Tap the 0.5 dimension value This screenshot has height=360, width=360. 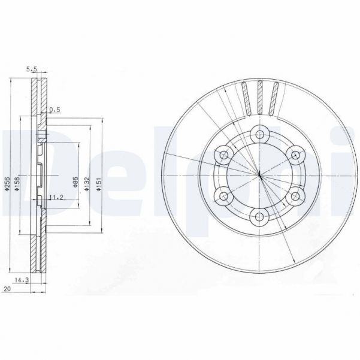(x=55, y=110)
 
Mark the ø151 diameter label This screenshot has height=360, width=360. (x=99, y=184)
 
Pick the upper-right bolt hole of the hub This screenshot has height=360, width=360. (x=295, y=155)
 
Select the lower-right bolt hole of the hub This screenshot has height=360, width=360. (x=295, y=195)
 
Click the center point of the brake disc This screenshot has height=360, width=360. (x=259, y=175)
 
